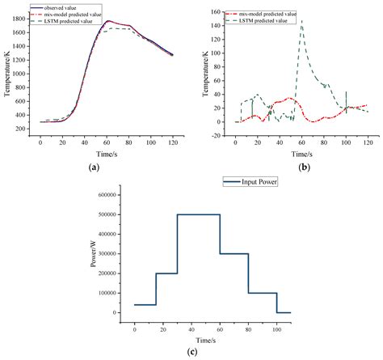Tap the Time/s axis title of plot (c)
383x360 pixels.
click(x=205, y=341)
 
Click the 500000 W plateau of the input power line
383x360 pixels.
click(x=198, y=214)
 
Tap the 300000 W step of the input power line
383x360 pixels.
click(x=234, y=254)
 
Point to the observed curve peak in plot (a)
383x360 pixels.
click(x=107, y=22)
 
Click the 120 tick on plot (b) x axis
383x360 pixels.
click(x=368, y=142)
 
